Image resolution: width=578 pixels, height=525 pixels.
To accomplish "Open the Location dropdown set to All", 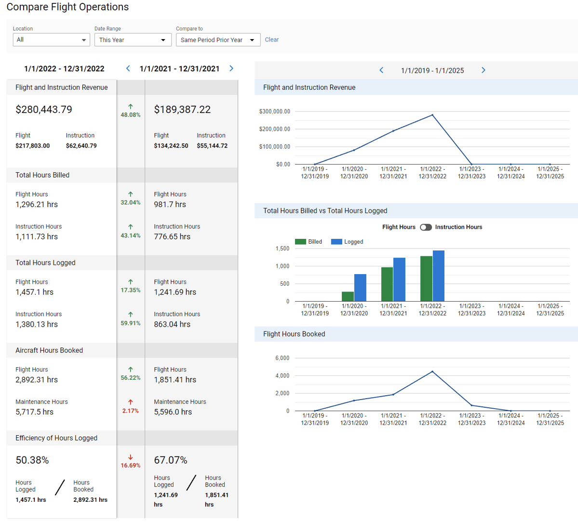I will [51, 40].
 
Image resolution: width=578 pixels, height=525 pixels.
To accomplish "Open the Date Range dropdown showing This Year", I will [133, 40].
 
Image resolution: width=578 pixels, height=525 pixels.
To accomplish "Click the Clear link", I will [271, 40].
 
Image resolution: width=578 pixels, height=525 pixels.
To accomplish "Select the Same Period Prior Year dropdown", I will [218, 40].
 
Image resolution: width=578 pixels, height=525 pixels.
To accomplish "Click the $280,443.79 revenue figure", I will [44, 110].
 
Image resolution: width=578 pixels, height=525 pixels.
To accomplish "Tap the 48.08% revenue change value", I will [131, 115].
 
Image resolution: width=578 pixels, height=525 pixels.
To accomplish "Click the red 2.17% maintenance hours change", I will [131, 411].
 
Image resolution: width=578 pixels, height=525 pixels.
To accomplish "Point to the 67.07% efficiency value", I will [171, 460].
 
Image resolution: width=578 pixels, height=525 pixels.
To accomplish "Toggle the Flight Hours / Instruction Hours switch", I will [425, 227].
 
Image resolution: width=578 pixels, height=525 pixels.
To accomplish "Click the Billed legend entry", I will [309, 242].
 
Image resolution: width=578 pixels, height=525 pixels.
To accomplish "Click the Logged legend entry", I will [348, 242].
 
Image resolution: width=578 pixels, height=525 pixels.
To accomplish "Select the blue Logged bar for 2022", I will [438, 276].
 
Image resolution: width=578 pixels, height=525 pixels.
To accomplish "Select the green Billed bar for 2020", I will [348, 296].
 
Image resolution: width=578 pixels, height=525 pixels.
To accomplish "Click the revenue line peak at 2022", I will [432, 115].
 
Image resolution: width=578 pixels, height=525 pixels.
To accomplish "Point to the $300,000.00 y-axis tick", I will [275, 111].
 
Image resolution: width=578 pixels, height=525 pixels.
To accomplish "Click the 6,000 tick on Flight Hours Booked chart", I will [282, 358].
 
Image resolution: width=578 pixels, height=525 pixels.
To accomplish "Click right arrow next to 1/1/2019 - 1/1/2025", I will [483, 70].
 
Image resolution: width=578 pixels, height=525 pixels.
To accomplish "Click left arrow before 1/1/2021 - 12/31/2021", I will [128, 69].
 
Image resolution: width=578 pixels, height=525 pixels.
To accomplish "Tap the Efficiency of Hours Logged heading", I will [56, 438].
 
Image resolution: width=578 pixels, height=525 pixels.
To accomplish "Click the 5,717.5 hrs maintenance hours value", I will [34, 412].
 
